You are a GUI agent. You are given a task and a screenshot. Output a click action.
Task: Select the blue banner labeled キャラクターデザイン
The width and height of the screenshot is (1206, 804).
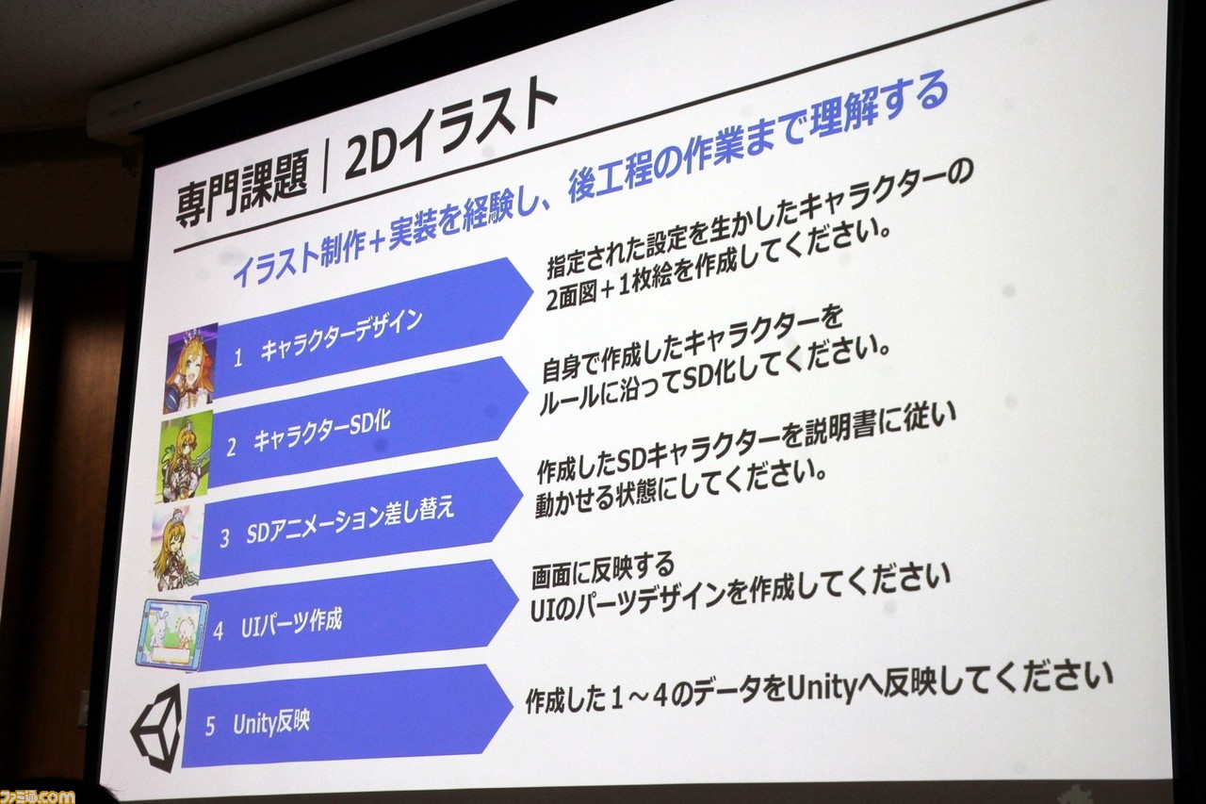[x=372, y=327]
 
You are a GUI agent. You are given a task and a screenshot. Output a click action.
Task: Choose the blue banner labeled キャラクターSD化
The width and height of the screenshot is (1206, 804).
[x=367, y=422]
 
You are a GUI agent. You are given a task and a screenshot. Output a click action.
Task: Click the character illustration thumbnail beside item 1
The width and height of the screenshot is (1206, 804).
[x=191, y=368]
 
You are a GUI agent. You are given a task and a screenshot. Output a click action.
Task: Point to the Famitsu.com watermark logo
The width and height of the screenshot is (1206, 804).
[x=37, y=796]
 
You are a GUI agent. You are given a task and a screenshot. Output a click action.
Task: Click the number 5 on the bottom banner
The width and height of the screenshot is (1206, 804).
[x=210, y=727]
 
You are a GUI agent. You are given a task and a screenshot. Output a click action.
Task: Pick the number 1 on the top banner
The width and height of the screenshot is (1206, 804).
[x=238, y=358]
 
